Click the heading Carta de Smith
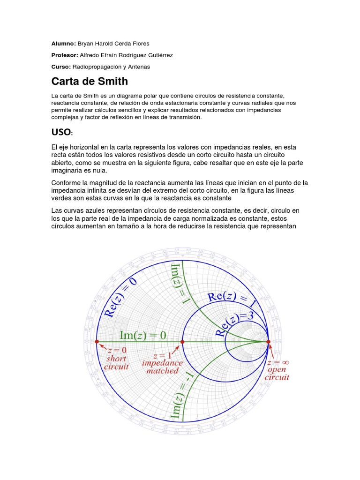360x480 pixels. tap(90, 81)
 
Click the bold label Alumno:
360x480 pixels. tap(63, 44)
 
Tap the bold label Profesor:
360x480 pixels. tap(65, 55)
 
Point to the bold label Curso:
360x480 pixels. tap(61, 67)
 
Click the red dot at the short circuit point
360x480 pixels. tap(97, 342)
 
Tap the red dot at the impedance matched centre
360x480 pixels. tap(182, 342)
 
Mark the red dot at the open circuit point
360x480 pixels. tap(269, 342)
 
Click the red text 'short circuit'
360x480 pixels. tap(116, 362)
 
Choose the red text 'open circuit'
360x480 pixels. tap(277, 373)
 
